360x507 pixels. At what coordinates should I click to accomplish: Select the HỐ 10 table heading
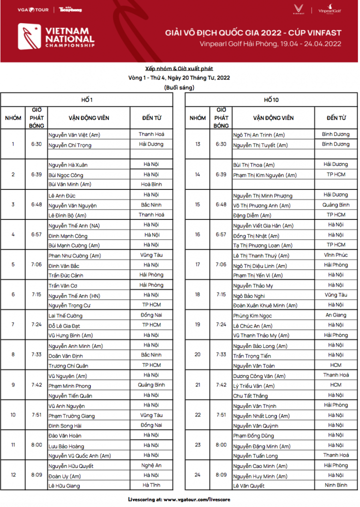click(x=271, y=100)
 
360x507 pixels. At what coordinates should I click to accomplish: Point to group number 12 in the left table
click(x=13, y=475)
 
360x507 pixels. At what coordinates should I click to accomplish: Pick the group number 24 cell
click(x=197, y=475)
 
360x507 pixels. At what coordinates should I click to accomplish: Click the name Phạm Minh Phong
click(x=70, y=385)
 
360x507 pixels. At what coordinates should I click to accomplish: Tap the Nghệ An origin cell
click(x=151, y=465)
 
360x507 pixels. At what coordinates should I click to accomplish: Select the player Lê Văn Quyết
click(x=250, y=485)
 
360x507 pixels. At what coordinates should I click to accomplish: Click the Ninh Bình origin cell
click(x=335, y=485)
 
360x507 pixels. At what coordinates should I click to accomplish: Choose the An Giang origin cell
click(x=335, y=315)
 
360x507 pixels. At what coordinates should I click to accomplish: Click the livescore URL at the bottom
click(x=180, y=499)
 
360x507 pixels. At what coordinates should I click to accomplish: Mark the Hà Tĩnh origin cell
click(x=151, y=485)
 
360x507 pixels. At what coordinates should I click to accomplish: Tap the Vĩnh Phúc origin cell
click(x=335, y=255)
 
